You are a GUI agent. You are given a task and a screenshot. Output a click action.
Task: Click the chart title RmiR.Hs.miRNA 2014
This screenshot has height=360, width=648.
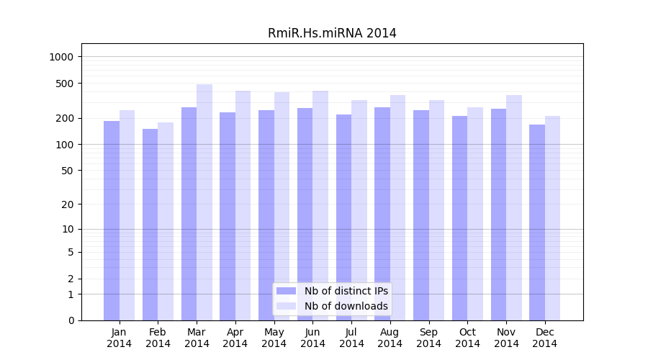(332, 33)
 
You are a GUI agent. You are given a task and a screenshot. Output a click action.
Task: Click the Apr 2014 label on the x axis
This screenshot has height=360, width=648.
(235, 338)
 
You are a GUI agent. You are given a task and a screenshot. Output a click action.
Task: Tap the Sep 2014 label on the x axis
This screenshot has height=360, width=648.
(428, 338)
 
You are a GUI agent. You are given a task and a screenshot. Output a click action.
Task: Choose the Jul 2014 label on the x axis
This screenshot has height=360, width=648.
(351, 338)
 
